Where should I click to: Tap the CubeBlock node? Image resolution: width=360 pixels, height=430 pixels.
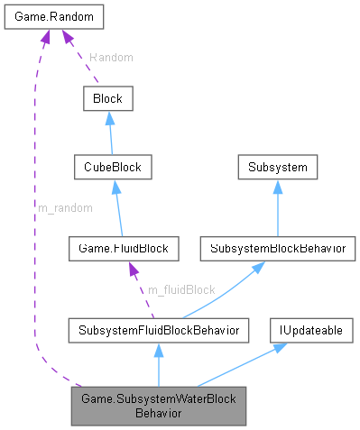point(114,167)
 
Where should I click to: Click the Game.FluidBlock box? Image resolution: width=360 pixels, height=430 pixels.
point(125,246)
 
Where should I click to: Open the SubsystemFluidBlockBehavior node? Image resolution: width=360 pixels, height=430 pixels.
point(157,331)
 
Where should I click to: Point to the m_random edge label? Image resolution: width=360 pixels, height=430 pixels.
point(64,207)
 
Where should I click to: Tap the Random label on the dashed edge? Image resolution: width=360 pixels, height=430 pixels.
point(110,57)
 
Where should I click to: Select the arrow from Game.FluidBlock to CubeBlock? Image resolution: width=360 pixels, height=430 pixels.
point(119,206)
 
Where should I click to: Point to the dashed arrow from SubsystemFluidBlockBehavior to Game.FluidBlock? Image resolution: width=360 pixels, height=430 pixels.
point(143,288)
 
